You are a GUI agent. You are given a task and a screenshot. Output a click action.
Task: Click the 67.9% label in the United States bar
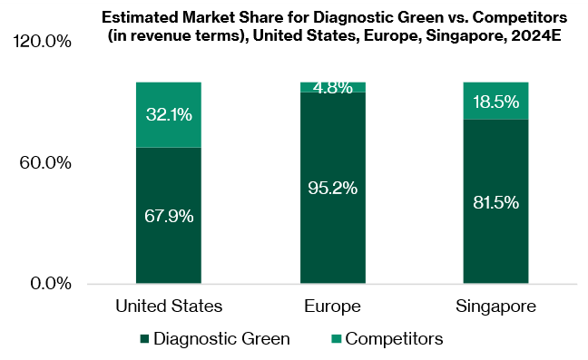(169, 217)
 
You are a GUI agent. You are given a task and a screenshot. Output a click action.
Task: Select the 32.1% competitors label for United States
(169, 114)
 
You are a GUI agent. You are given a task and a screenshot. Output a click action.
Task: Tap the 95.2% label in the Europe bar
(332, 189)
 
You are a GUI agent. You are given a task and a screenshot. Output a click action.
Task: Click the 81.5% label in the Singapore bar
(495, 202)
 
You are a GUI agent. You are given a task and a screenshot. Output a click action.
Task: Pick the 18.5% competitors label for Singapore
(495, 101)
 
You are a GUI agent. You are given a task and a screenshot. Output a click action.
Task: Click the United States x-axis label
(169, 306)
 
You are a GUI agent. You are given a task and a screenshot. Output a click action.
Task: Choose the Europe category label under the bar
(332, 306)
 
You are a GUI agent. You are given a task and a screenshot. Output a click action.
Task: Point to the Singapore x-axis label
(495, 306)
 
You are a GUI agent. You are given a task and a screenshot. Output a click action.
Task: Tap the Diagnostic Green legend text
(221, 339)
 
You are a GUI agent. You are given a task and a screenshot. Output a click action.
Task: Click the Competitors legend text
(394, 339)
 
